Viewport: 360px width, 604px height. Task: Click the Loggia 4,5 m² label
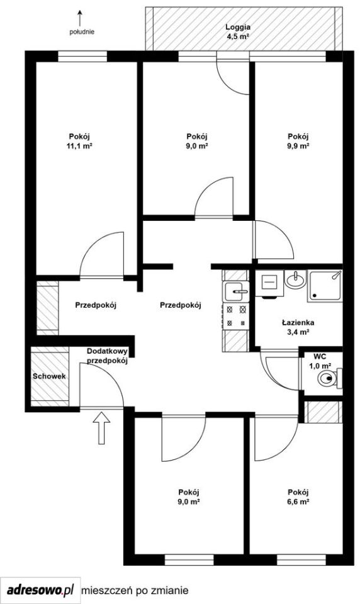238,32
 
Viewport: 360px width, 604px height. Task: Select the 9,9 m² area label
298,146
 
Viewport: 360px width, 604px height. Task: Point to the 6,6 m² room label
298,501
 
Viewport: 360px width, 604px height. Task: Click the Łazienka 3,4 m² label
298,327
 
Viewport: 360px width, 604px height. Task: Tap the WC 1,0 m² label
320,361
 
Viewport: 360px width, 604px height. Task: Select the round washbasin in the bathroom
295,279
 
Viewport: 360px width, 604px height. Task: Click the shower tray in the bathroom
325,286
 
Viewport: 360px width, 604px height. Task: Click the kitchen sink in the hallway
237,291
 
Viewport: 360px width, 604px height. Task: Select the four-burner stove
236,315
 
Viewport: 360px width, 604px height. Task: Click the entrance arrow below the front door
101,428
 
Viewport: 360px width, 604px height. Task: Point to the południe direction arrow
80,18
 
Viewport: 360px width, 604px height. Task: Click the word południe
82,32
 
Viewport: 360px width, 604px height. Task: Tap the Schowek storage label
49,376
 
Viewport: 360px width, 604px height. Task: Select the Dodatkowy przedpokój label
107,356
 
